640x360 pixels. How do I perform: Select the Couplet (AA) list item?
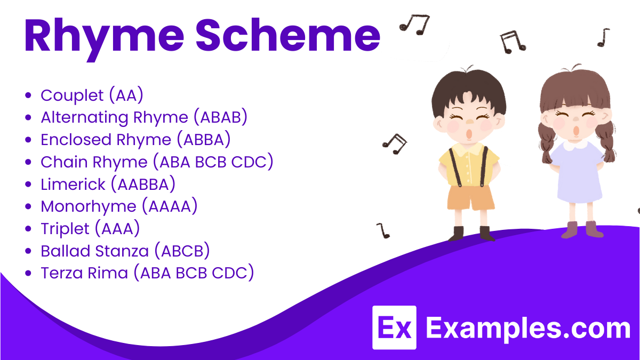click(x=92, y=95)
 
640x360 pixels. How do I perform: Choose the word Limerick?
click(x=72, y=184)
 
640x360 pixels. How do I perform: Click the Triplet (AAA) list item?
click(x=90, y=228)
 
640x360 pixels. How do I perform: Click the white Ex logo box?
click(x=394, y=327)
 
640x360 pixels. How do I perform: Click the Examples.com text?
click(x=528, y=328)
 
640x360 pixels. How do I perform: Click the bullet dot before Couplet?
click(x=29, y=96)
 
